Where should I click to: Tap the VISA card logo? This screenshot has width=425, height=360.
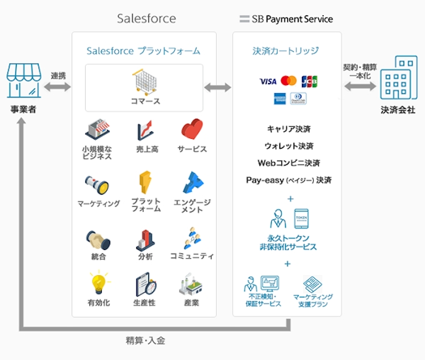tap(267, 81)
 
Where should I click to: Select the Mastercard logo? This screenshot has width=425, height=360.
tap(288, 81)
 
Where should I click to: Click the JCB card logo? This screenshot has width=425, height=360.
tap(309, 81)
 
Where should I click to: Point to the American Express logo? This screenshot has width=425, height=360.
tap(279, 98)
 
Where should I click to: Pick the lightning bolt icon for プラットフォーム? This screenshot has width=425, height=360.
tap(145, 182)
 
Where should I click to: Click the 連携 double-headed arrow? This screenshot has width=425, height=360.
tap(58, 87)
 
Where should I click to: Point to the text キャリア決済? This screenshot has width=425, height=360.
tap(289, 129)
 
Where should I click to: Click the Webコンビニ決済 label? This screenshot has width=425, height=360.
tap(289, 163)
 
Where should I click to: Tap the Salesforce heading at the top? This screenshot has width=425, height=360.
tap(146, 18)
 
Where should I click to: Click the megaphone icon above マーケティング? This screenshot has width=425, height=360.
tap(98, 185)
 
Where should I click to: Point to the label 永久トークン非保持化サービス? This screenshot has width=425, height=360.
tap(288, 242)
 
